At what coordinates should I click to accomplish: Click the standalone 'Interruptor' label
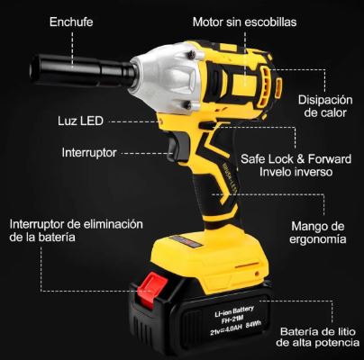pyautogui.click(x=89, y=153)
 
